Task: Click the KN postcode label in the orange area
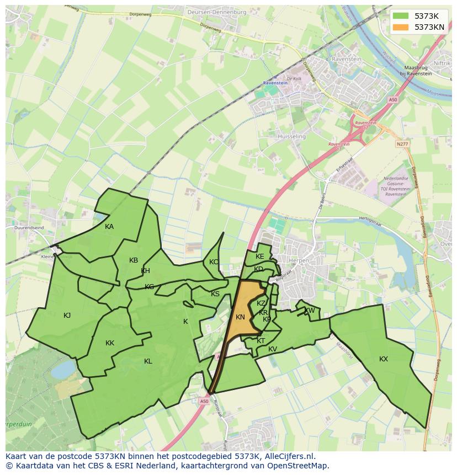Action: (240, 317)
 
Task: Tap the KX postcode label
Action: (384, 359)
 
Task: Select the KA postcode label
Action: (109, 227)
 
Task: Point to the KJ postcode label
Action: (67, 316)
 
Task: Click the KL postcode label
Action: (148, 361)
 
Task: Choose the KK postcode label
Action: (110, 343)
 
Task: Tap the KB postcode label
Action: (134, 260)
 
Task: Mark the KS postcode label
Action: (215, 294)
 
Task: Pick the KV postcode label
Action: (273, 349)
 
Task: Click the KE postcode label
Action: (260, 257)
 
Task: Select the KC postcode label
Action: (214, 262)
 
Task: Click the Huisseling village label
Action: (292, 136)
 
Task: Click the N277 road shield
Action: (403, 144)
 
